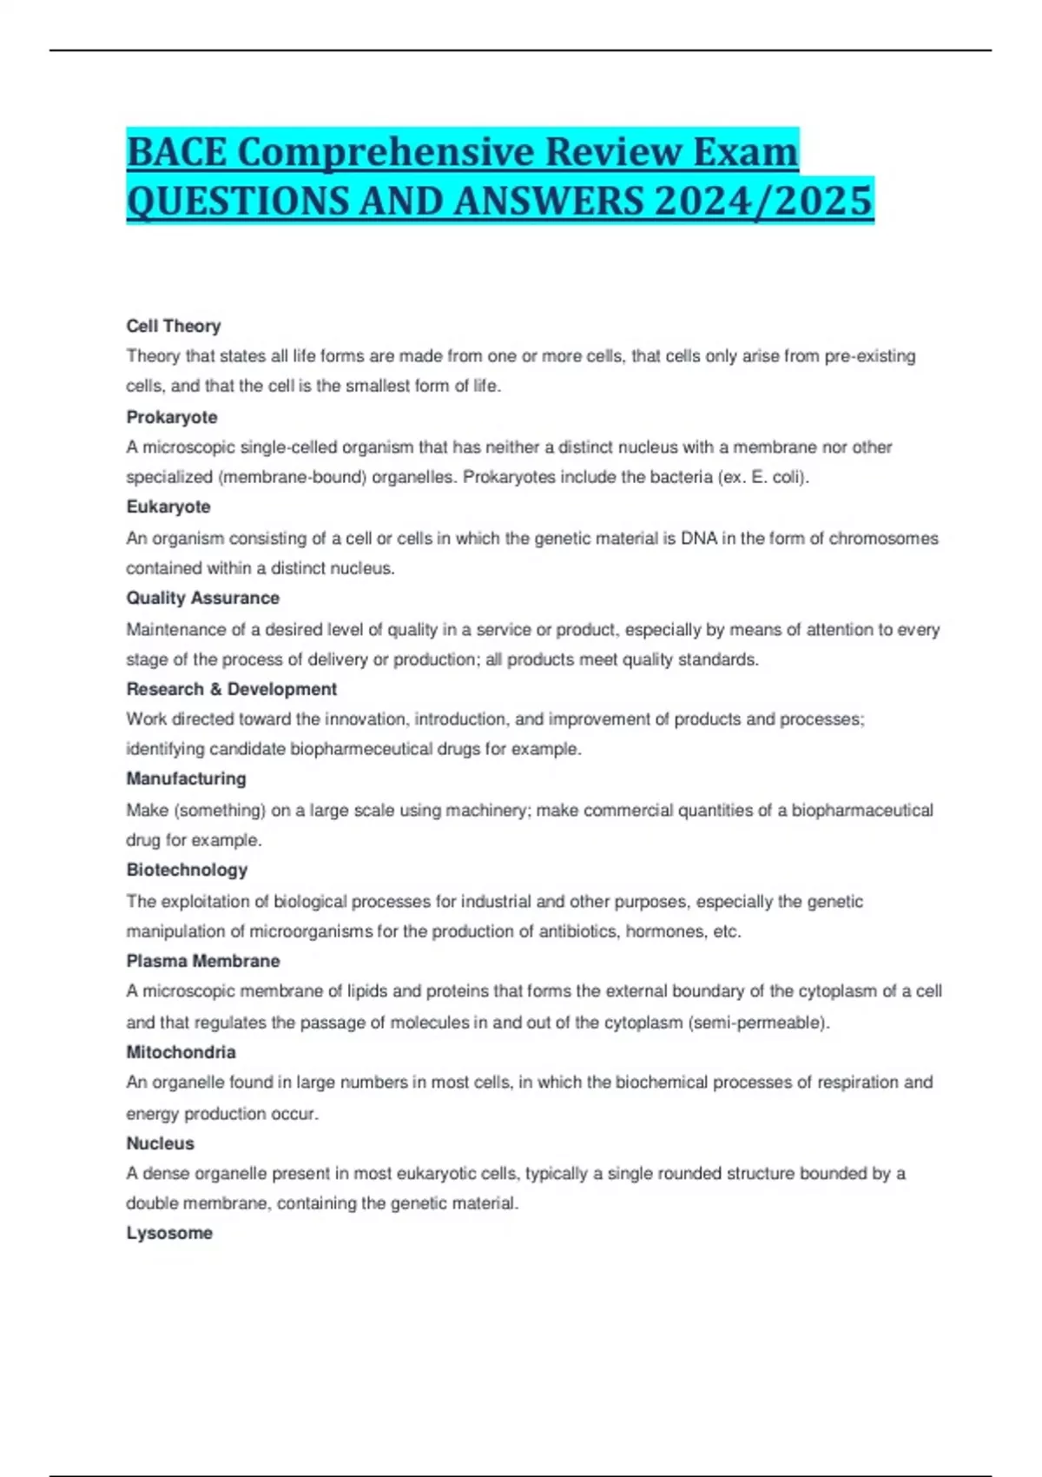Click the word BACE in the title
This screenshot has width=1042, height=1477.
[176, 153]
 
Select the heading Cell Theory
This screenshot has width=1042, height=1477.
[174, 326]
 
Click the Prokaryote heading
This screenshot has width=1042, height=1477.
[172, 417]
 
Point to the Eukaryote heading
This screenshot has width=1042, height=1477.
[168, 507]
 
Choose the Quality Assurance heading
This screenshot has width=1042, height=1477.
[203, 598]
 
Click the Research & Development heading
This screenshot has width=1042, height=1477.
[231, 689]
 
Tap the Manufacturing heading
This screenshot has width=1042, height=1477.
[187, 778]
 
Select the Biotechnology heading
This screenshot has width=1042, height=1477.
[187, 870]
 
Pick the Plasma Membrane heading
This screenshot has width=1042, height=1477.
[203, 961]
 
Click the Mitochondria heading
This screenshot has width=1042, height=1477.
[181, 1052]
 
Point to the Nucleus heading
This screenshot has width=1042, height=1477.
[161, 1143]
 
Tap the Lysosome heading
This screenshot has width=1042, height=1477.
[169, 1233]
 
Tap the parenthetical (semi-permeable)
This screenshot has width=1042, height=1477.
[759, 1023]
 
